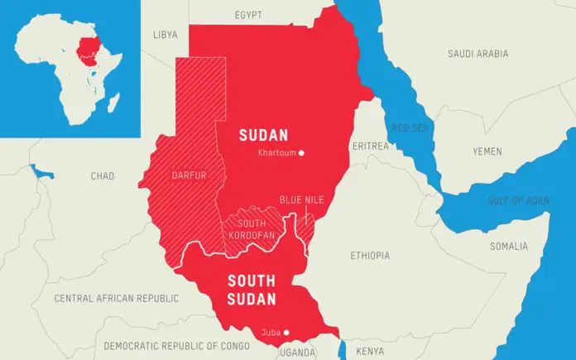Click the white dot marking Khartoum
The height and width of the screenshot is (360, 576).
point(301,153)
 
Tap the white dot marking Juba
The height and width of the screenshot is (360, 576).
point(286,333)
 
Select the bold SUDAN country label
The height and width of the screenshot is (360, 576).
point(263,135)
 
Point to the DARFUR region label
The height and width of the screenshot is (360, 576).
point(188,175)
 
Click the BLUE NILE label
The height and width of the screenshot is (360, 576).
point(301,200)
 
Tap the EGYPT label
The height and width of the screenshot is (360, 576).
point(247,15)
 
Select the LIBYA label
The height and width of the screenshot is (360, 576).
point(166,35)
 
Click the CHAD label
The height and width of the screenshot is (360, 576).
point(103,176)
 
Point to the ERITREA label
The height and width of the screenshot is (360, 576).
point(370,146)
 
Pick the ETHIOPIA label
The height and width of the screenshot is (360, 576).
point(370,256)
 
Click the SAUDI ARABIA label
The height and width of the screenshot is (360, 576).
point(478,54)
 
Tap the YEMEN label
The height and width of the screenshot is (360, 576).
point(487,151)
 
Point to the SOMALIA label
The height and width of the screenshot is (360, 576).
point(508,246)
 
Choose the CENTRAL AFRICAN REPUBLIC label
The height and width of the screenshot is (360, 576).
point(116,298)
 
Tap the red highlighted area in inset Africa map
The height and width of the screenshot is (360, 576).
point(86,47)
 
